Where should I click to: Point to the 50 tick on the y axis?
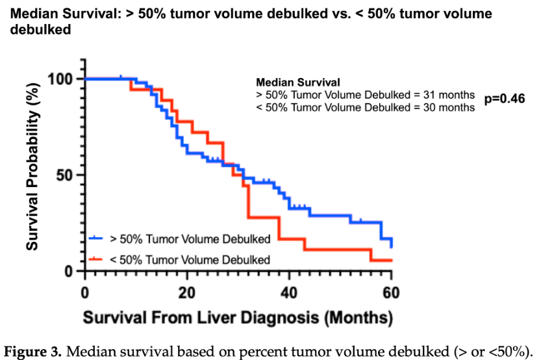pyautogui.click(x=70, y=175)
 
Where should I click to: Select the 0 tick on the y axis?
pyautogui.click(x=74, y=271)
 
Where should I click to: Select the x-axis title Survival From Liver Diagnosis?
pyautogui.click(x=237, y=318)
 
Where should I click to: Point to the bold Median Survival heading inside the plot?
pyautogui.click(x=298, y=83)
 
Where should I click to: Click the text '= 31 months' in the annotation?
pyautogui.click(x=446, y=95)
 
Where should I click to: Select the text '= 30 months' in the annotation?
pyautogui.click(x=446, y=107)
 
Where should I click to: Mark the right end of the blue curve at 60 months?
pyautogui.click(x=391, y=246)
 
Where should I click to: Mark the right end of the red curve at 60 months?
pyautogui.click(x=391, y=260)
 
